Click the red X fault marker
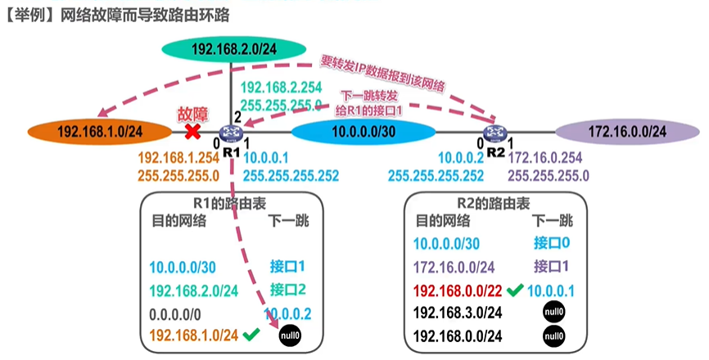(x=193, y=132)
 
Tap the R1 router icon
(x=231, y=133)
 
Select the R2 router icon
(x=495, y=133)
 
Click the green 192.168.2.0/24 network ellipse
(x=234, y=49)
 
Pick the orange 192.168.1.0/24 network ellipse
(x=100, y=132)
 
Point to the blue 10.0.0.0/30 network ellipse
(x=364, y=132)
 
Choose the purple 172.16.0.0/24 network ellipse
(x=627, y=132)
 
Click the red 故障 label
(x=192, y=115)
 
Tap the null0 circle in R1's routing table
(x=290, y=335)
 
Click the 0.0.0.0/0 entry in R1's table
(x=175, y=314)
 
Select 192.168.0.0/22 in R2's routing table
(x=458, y=291)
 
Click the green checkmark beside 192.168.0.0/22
(x=515, y=290)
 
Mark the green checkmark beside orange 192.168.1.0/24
(x=251, y=335)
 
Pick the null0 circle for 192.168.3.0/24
(x=554, y=312)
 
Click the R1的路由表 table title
(x=230, y=204)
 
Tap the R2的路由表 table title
(x=494, y=204)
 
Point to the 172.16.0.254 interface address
(x=545, y=158)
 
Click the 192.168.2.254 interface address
(x=282, y=88)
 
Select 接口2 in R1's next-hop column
(x=288, y=290)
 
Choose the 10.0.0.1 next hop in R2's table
(x=551, y=291)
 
